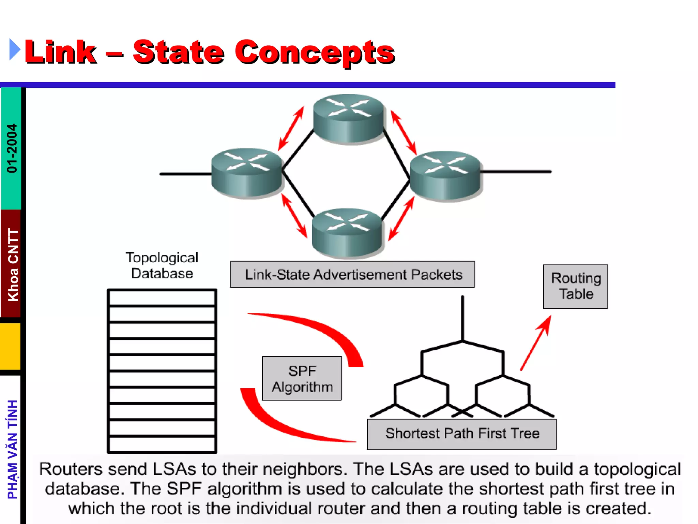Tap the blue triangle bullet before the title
14,50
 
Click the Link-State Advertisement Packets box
352,275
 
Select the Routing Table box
575,287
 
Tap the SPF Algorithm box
302,379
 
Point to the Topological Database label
162,265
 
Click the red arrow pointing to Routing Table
536,343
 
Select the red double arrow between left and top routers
291,128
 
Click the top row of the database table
162,298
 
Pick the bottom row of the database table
162,444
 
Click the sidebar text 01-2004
12,148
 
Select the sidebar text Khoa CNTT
13,265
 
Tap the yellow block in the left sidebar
10,346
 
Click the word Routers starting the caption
71,469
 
